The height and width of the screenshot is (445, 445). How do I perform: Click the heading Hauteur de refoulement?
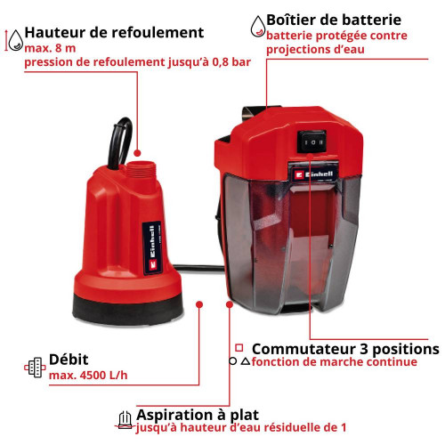tap(114, 33)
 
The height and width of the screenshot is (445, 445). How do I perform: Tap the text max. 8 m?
tap(49, 48)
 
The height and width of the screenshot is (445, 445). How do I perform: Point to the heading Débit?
tap(69, 359)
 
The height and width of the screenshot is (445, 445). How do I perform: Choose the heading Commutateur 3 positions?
tap(346, 348)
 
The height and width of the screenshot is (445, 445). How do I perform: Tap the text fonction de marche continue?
tap(335, 362)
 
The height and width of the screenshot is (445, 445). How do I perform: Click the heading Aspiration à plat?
tap(198, 414)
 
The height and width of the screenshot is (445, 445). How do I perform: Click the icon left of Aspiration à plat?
tap(125, 419)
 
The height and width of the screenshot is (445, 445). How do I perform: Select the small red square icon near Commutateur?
tap(239, 347)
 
